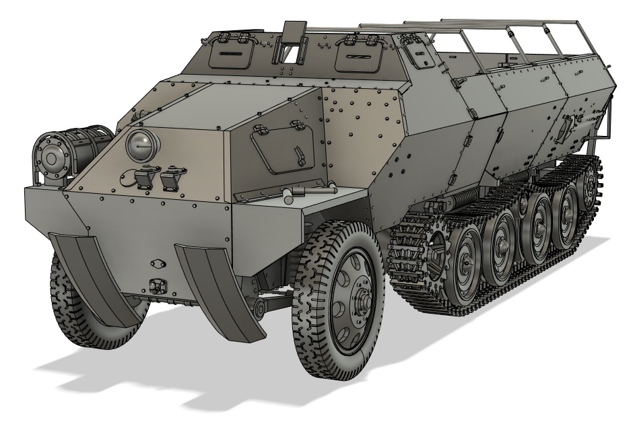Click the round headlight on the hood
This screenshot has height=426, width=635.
tap(141, 143)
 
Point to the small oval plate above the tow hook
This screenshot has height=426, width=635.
tap(157, 263)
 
